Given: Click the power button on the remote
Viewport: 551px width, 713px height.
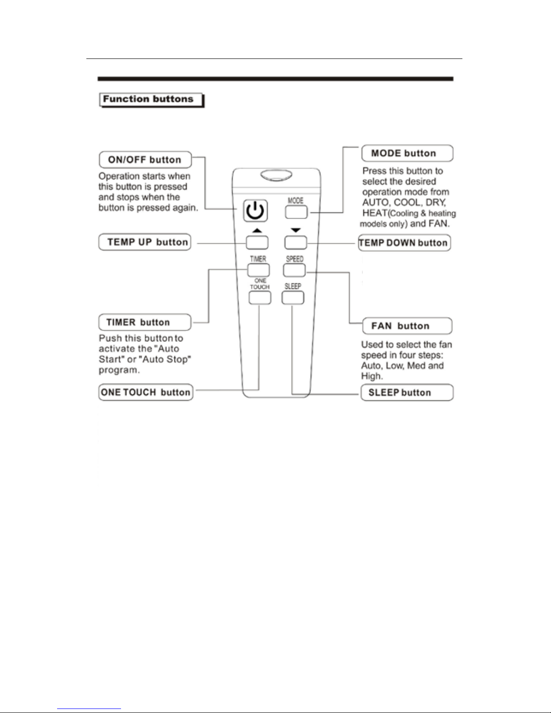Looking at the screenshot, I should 255,211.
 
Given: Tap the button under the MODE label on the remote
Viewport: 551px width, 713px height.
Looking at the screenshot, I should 296,212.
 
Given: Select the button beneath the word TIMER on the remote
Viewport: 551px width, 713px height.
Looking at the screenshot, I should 259,270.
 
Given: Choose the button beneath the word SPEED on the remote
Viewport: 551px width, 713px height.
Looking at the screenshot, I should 294,270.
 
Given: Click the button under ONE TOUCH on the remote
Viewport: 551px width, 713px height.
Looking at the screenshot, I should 260,298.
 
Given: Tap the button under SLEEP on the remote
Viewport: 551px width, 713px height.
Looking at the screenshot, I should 293,298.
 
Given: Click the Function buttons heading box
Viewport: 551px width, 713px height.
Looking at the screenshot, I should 151,99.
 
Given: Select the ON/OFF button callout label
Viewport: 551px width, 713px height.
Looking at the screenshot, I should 145,160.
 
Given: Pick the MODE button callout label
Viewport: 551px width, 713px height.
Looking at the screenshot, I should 407,153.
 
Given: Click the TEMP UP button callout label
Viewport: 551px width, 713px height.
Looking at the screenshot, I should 145,242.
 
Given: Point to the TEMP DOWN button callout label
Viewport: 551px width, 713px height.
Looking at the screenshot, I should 404,243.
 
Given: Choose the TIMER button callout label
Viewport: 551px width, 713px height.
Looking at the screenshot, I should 145,323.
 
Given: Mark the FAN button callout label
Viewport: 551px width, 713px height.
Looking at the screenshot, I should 407,326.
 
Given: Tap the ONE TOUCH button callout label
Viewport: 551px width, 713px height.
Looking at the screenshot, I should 146,392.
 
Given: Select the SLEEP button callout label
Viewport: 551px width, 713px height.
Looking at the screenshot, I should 407,393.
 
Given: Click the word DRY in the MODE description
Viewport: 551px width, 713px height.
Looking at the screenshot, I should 435,202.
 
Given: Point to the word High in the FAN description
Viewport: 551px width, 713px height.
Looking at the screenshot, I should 372,376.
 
